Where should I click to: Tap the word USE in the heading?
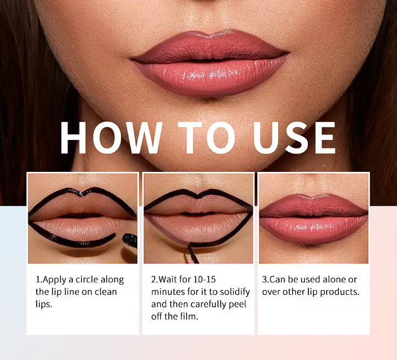point(295,138)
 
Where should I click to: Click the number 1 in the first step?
point(38,280)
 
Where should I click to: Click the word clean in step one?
point(103,292)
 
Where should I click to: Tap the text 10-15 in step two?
point(207,280)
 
